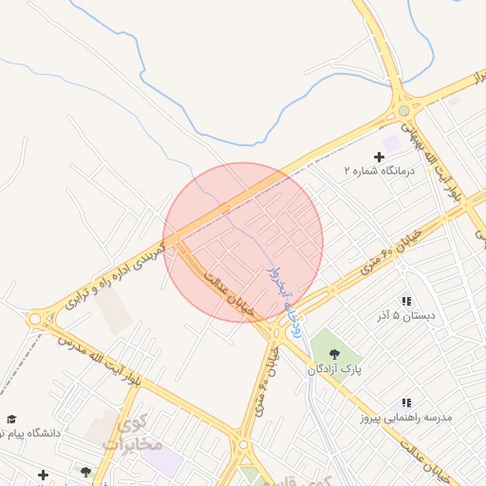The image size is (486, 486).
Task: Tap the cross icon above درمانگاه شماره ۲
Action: coord(379,156)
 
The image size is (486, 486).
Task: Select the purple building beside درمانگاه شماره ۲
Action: coord(391,142)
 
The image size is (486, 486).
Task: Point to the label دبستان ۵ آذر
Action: coord(405,315)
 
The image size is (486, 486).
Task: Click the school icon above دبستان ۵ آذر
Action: coord(406,301)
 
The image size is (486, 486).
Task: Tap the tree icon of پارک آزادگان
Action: coord(333,353)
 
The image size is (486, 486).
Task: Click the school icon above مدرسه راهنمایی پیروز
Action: coord(406,403)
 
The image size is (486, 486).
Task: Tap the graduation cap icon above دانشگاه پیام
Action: coord(11,419)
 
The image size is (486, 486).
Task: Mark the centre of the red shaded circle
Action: coord(243,242)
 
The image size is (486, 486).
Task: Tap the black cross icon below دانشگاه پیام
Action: coord(43,474)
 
